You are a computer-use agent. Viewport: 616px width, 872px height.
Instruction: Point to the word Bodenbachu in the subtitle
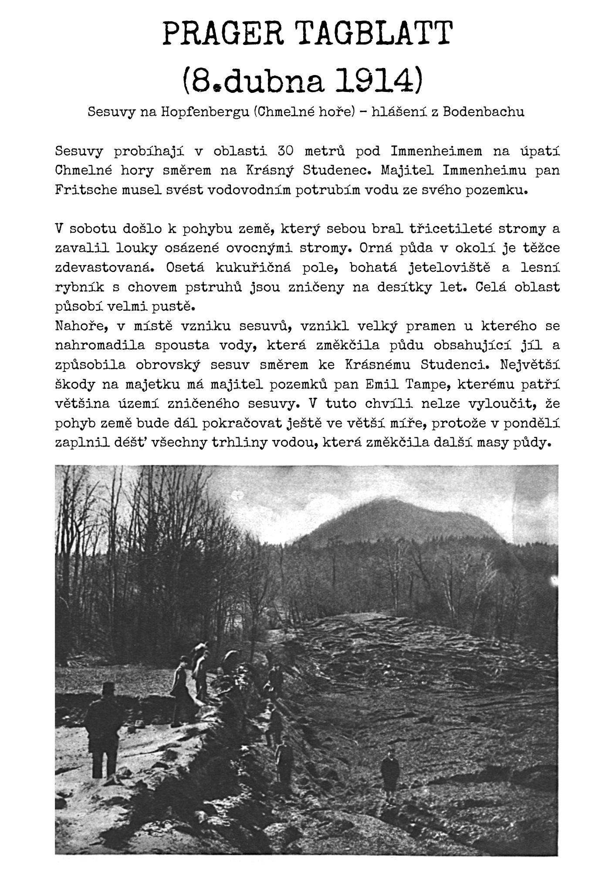point(484,112)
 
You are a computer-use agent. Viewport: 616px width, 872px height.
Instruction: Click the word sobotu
point(93,228)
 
